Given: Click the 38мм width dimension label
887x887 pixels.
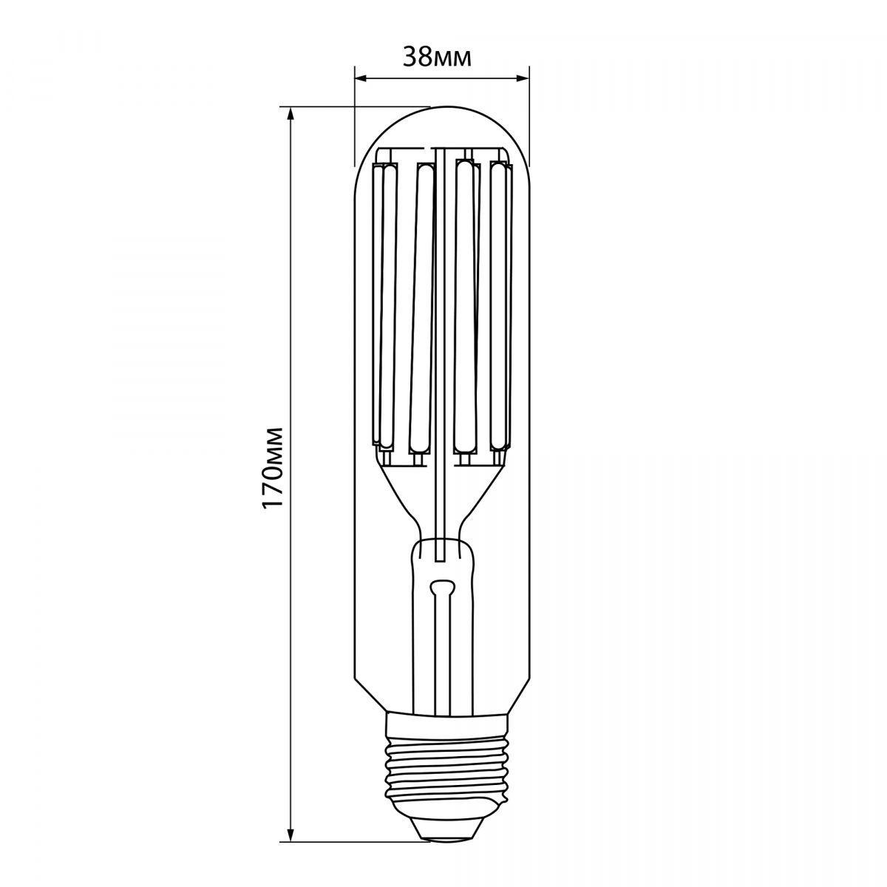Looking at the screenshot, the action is point(438,58).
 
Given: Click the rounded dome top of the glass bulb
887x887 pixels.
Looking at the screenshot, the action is point(442,134).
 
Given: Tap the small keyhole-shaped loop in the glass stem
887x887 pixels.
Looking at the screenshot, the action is point(442,586).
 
